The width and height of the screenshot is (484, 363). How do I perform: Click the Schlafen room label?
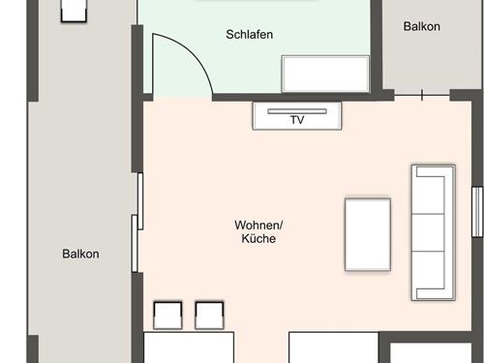tap(250, 35)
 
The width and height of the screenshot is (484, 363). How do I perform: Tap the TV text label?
tap(297, 120)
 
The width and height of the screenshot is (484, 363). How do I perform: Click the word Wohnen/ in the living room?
tap(258, 226)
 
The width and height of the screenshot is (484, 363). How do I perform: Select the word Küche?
tap(258, 238)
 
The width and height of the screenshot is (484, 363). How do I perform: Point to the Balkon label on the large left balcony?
tap(80, 254)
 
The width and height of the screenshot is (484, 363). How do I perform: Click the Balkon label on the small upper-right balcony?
tap(422, 26)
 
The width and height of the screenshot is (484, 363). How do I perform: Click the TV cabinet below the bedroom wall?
tap(297, 116)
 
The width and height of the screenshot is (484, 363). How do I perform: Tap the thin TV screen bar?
tap(297, 111)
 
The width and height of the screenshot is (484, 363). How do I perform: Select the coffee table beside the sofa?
tap(368, 234)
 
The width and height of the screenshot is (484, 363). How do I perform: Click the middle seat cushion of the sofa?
tap(429, 232)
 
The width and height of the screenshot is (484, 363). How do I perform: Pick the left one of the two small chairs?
tap(167, 316)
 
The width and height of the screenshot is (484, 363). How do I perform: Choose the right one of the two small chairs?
tap(209, 316)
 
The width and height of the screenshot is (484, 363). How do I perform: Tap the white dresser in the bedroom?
tap(325, 74)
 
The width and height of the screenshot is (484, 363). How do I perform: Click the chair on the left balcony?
tap(74, 11)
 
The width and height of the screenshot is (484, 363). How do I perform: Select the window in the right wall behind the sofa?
tap(477, 212)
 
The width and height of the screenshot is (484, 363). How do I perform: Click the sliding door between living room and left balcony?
tap(137, 223)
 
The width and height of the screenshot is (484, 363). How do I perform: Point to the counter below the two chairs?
tap(189, 348)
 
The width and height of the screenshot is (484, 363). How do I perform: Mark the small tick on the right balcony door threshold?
tap(422, 95)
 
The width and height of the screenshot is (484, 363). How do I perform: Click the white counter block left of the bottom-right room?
tap(334, 348)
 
